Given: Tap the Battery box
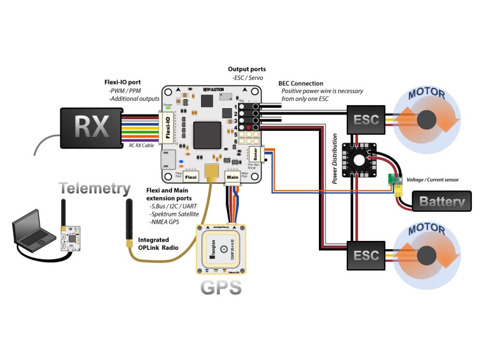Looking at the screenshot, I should coord(442,201).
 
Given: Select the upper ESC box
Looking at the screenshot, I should coord(366,120).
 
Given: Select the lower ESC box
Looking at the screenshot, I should coord(366,255).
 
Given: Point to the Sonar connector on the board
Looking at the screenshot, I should coord(256,154).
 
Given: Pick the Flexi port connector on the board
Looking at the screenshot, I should coord(191,177).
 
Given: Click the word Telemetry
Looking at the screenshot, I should coord(95,189).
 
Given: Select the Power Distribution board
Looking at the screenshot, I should coord(359,160).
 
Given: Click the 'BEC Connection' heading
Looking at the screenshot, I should coord(301,84).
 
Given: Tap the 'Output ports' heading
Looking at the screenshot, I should coord(247,69).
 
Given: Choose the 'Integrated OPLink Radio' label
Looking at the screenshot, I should coord(158,244).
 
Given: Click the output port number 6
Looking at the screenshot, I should coord(235,142).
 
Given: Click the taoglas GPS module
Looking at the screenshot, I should coord(221,249).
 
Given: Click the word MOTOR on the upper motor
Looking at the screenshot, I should coord(427,94).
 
